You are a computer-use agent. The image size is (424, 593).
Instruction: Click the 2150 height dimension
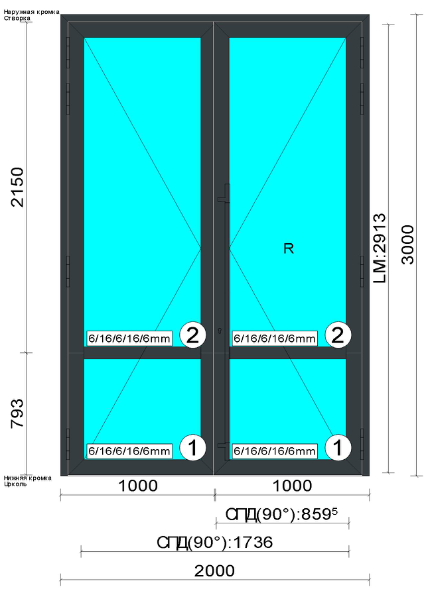[x=18, y=188]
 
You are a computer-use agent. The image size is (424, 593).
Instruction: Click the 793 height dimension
[x=18, y=413]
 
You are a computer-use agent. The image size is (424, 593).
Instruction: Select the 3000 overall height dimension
[x=408, y=244]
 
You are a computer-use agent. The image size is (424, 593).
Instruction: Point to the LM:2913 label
[x=379, y=248]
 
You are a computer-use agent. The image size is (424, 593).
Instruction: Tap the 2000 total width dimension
[x=214, y=570]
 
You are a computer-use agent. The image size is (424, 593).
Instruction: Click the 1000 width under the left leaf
[x=138, y=486]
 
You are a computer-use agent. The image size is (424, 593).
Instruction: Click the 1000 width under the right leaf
[x=293, y=486]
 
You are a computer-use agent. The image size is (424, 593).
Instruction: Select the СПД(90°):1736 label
[x=215, y=543]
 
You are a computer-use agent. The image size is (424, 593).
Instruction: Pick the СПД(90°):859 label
[x=281, y=515]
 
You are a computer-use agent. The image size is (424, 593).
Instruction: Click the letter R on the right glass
[x=289, y=248]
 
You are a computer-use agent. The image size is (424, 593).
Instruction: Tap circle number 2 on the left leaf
[x=193, y=335]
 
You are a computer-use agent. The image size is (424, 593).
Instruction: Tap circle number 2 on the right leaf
[x=338, y=335]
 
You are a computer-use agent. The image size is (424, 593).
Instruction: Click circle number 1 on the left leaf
[x=193, y=448]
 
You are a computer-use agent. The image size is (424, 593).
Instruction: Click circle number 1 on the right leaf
[x=338, y=448]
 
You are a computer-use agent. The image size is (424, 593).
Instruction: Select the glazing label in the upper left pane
[x=129, y=338]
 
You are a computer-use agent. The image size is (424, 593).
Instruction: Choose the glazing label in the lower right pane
[x=274, y=451]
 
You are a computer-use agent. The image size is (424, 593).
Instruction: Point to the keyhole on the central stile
[x=220, y=331]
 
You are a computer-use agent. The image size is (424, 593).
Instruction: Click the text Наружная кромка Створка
[x=31, y=15]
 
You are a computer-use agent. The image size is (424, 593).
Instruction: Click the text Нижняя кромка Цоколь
[x=28, y=480]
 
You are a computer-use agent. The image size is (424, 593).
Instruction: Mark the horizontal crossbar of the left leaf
[x=142, y=353]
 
